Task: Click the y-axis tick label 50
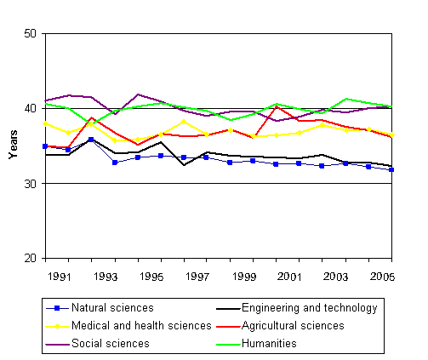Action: tap(31, 34)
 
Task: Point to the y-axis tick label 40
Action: tap(31, 109)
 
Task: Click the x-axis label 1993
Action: tap(105, 277)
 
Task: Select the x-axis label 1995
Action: tap(151, 277)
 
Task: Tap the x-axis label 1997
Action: tap(197, 277)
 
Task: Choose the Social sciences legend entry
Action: tap(110, 343)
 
